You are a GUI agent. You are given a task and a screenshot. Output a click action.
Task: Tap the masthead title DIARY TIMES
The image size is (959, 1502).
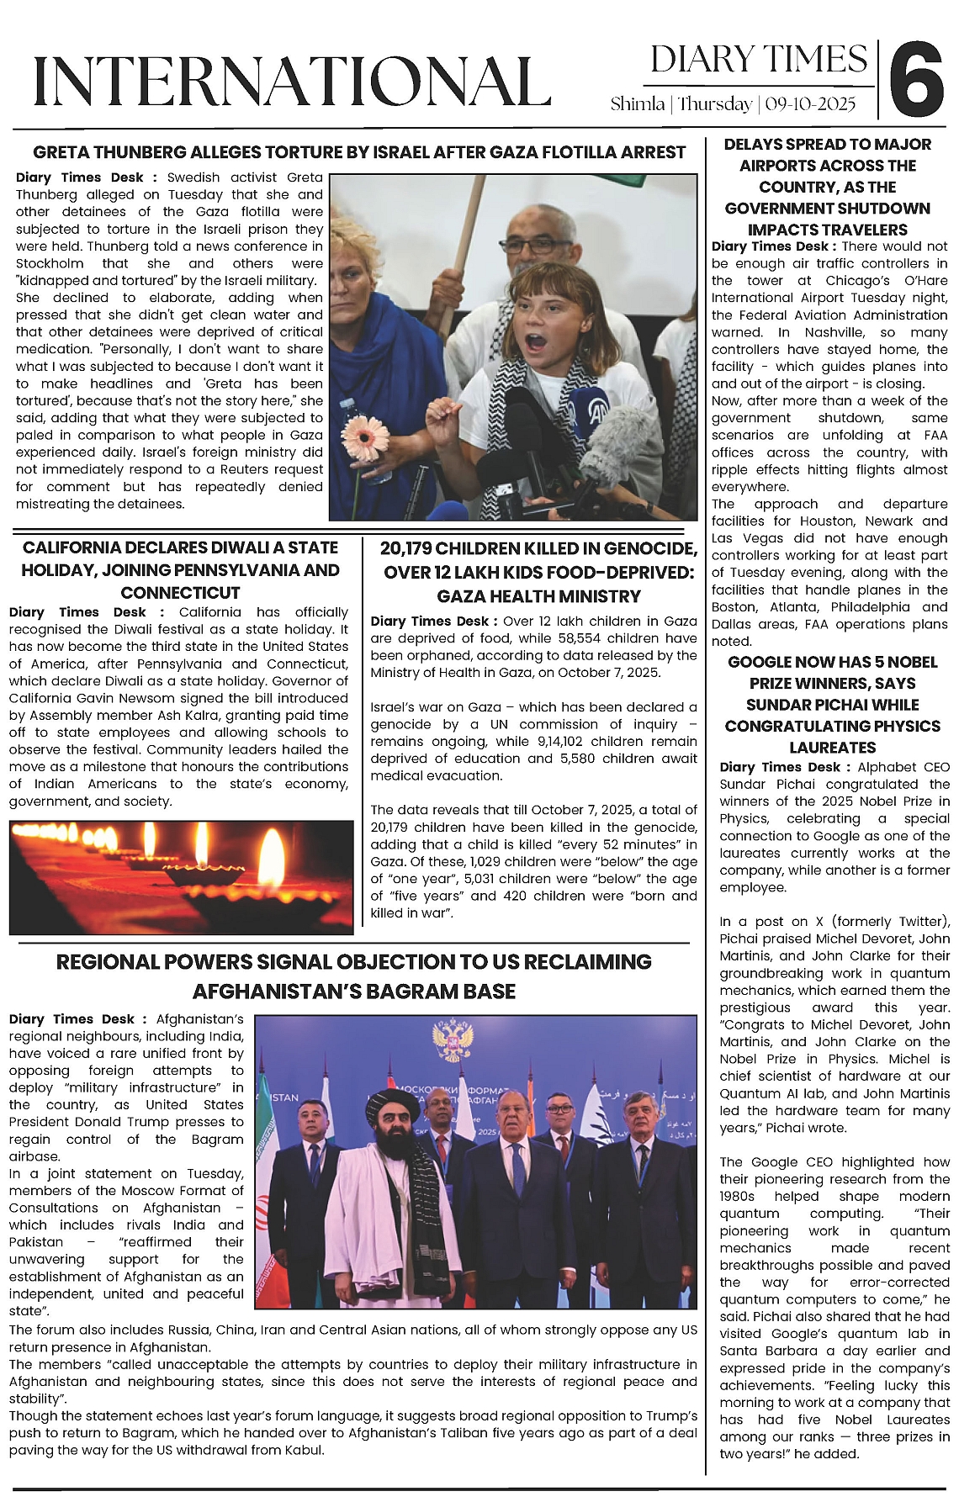(x=758, y=60)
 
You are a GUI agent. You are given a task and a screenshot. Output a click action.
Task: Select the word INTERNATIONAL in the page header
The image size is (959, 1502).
(x=291, y=82)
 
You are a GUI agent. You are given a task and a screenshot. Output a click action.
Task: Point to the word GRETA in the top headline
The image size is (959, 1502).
(x=61, y=152)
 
